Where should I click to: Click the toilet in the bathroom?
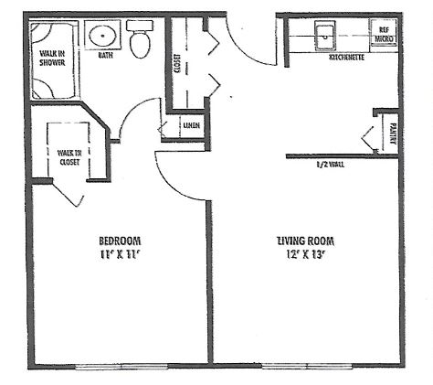pyautogui.click(x=140, y=39)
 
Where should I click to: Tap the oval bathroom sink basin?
pyautogui.click(x=102, y=36)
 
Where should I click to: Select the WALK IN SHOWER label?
pyautogui.click(x=52, y=59)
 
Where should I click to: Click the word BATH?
pyautogui.click(x=106, y=55)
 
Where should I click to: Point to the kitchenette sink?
pyautogui.click(x=325, y=36)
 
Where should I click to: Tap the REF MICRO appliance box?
pyautogui.click(x=384, y=34)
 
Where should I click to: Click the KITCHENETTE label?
pyautogui.click(x=347, y=57)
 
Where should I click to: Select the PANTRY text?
pyautogui.click(x=393, y=134)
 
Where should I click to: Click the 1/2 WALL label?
pyautogui.click(x=331, y=165)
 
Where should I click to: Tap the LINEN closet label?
pyautogui.click(x=192, y=125)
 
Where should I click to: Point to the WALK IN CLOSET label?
pyautogui.click(x=69, y=157)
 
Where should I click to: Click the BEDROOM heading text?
pyautogui.click(x=120, y=241)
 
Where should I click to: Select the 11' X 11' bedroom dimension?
pyautogui.click(x=120, y=254)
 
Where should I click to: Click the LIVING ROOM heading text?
pyautogui.click(x=305, y=241)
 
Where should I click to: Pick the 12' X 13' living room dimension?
pyautogui.click(x=304, y=254)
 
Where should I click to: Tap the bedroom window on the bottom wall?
pyautogui.click(x=121, y=366)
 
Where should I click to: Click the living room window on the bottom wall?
pyautogui.click(x=307, y=366)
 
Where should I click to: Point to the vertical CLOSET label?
pyautogui.click(x=176, y=64)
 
